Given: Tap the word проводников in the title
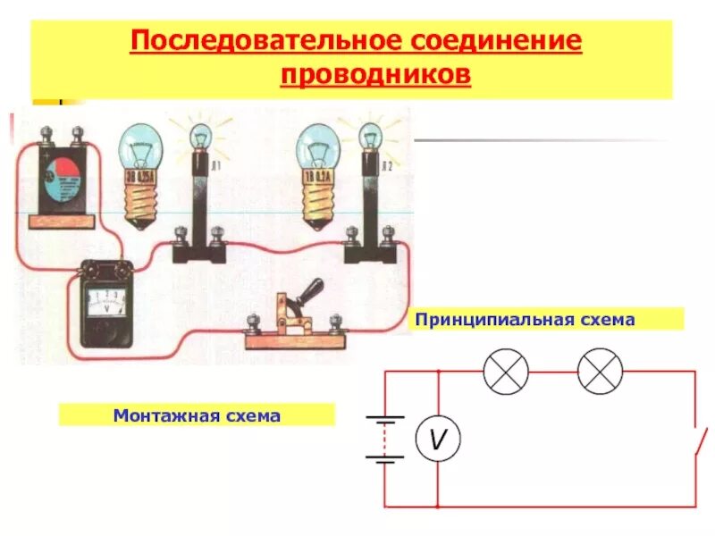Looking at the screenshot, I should pyautogui.click(x=374, y=75).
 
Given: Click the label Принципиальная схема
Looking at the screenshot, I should pyautogui.click(x=523, y=319).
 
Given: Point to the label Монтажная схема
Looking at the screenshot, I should pyautogui.click(x=197, y=415).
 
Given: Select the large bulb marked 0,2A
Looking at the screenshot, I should pyautogui.click(x=318, y=170).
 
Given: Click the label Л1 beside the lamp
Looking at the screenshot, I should pyautogui.click(x=214, y=168).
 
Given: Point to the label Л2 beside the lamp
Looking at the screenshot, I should pyautogui.click(x=387, y=166).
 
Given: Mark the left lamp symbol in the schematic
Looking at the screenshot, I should pyautogui.click(x=506, y=371).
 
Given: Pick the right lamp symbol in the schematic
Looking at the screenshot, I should pyautogui.click(x=600, y=371).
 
